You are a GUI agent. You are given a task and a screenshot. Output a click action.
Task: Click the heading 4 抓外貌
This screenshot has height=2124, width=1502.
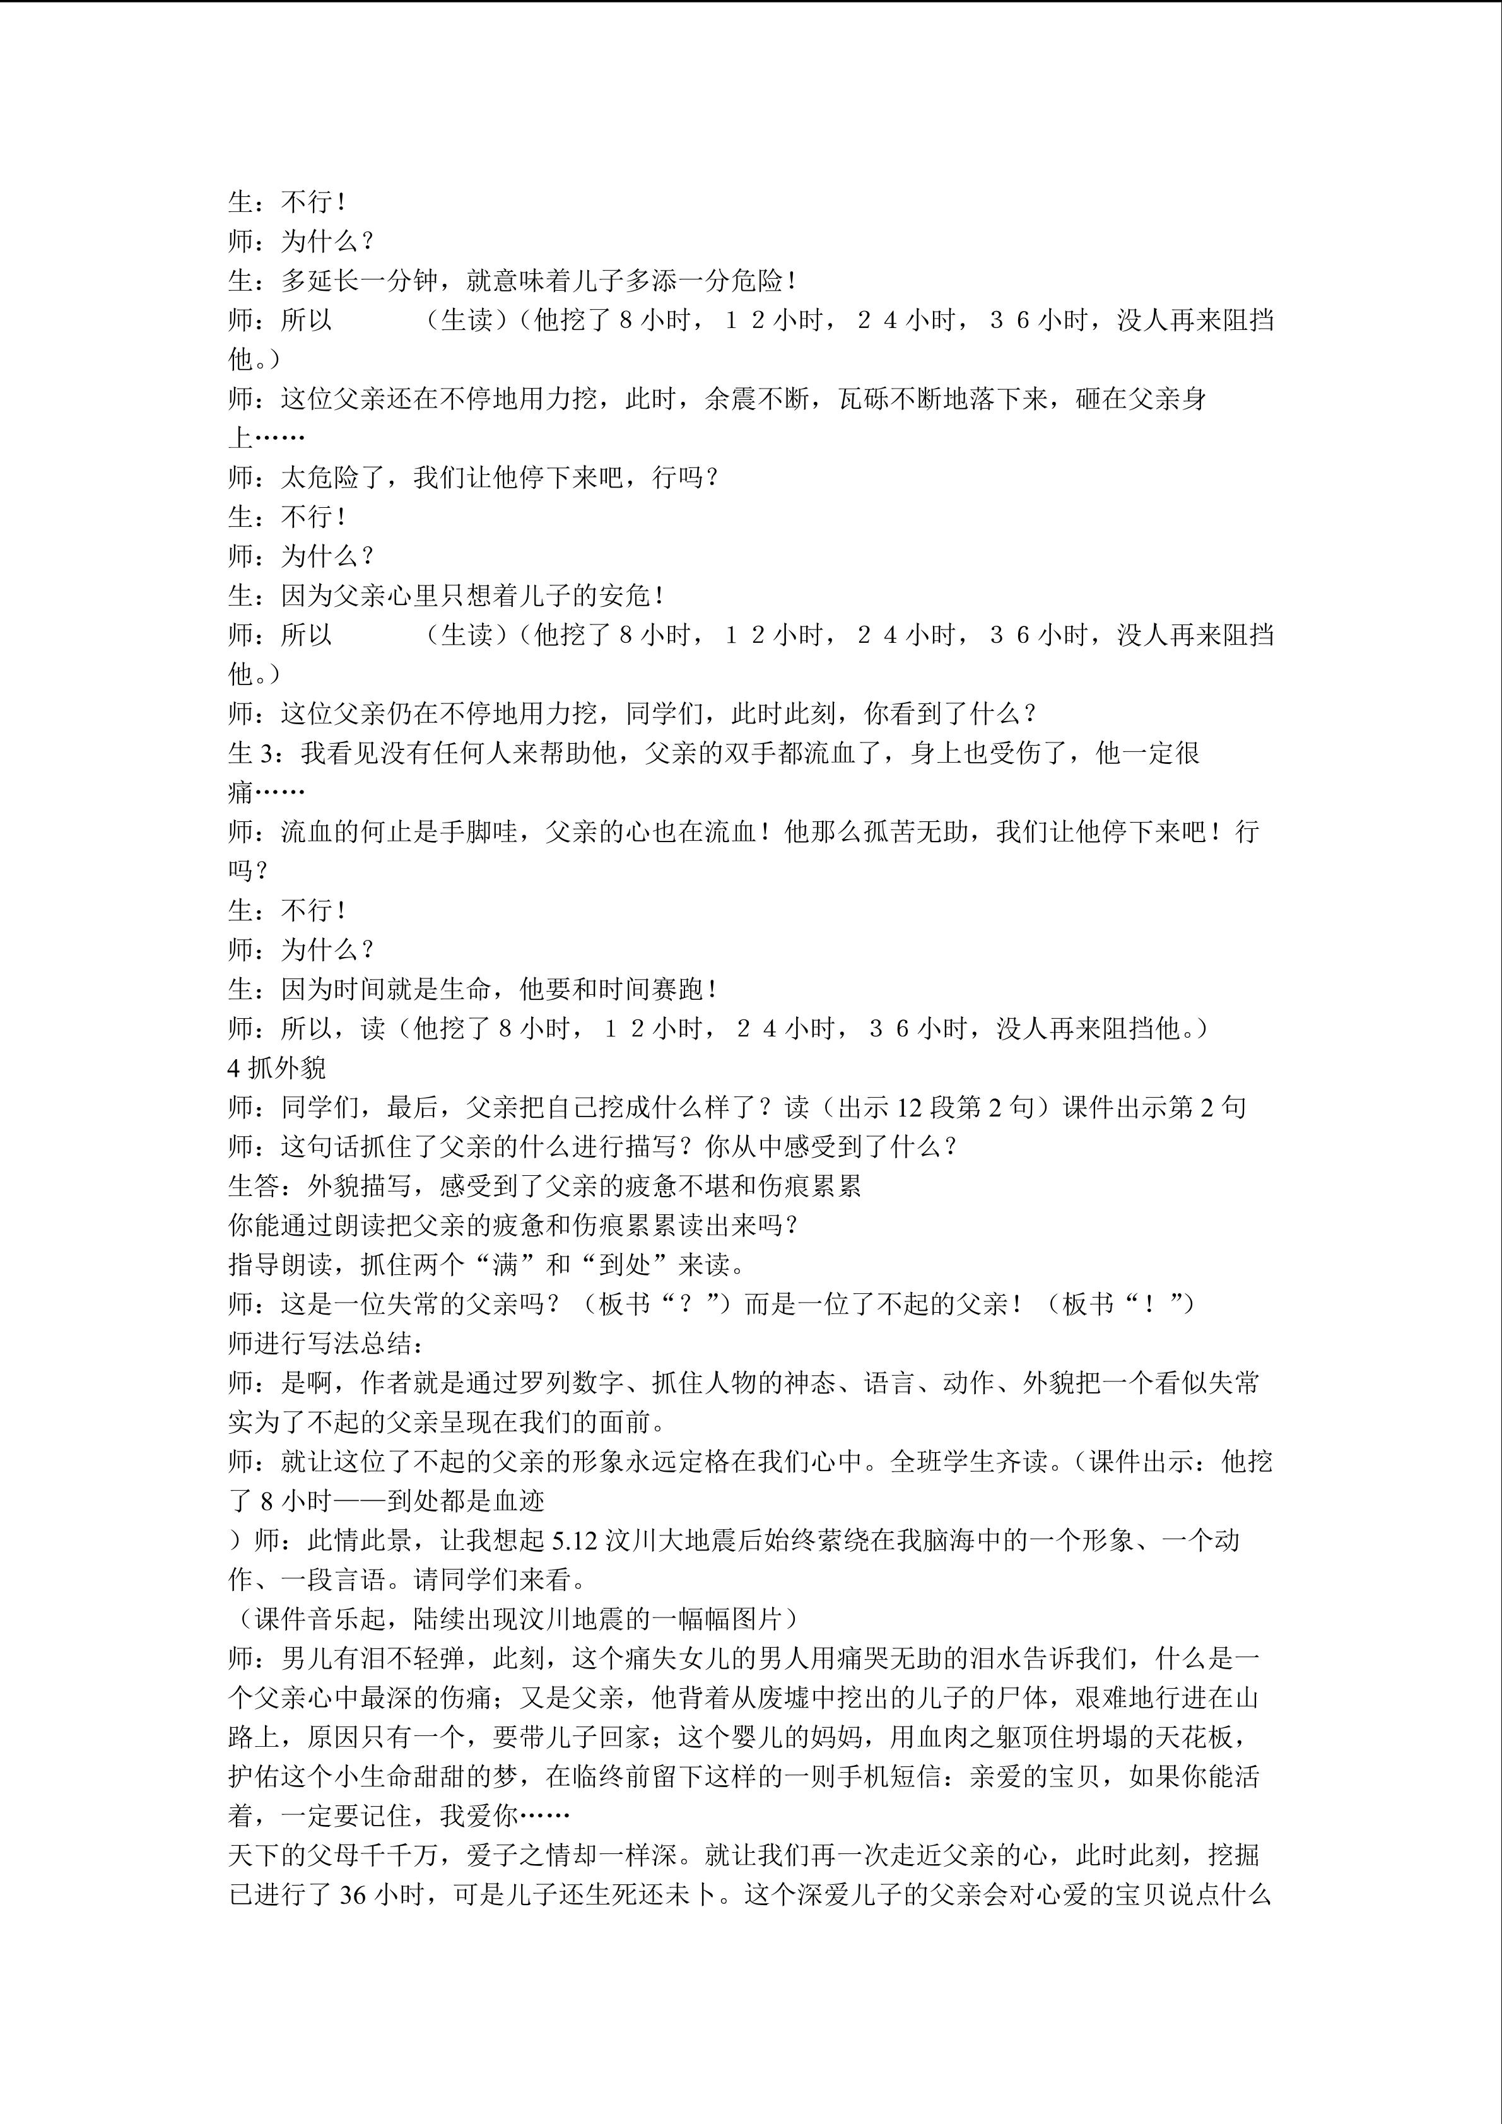click(x=276, y=1067)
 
